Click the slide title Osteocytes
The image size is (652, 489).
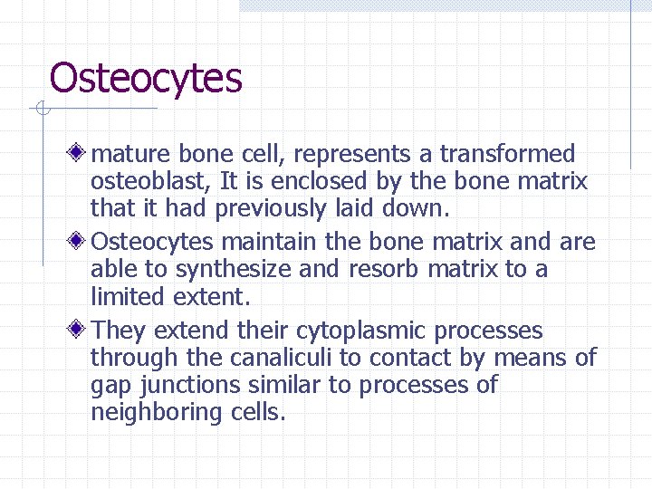tap(146, 79)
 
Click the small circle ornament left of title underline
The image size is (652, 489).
tap(42, 110)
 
